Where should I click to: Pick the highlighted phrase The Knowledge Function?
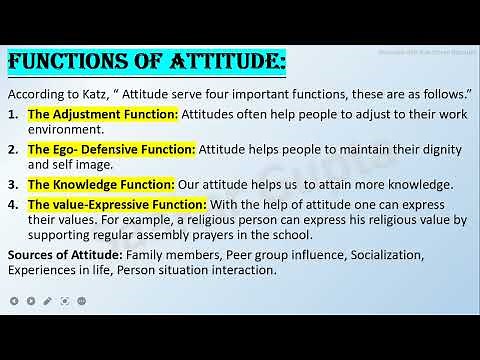[x=101, y=185]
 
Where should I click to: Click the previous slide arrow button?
[x=13, y=298]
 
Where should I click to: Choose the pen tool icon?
[x=31, y=298]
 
